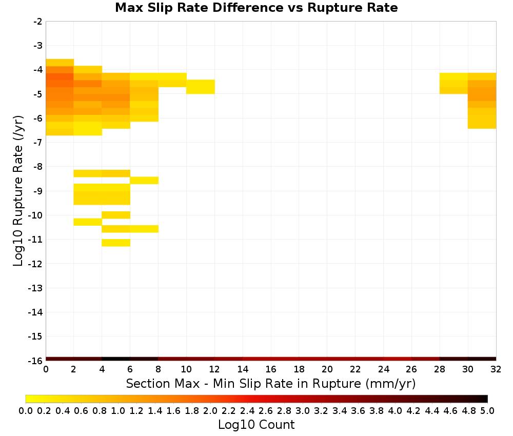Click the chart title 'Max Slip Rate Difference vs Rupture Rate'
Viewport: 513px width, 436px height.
[x=256, y=8]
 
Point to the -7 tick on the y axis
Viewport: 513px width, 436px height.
[x=38, y=142]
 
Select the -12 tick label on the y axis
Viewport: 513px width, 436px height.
[x=35, y=264]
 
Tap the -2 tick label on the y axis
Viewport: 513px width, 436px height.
[x=38, y=22]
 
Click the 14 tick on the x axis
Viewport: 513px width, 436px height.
[x=243, y=369]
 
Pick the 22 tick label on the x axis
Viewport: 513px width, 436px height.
[x=355, y=369]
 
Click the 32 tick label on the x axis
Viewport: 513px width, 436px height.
[x=496, y=369]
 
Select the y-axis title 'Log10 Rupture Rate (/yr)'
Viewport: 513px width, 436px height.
[x=18, y=191]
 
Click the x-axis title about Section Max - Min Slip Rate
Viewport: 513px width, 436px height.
[x=270, y=383]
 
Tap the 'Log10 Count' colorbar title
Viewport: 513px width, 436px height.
[x=256, y=425]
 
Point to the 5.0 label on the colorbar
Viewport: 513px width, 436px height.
[x=487, y=410]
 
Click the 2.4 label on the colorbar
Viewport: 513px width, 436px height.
[x=247, y=410]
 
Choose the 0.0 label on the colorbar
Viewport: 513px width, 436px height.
[x=26, y=410]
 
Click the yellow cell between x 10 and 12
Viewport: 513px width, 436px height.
[x=201, y=87]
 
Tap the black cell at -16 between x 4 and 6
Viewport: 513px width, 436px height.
[x=116, y=359]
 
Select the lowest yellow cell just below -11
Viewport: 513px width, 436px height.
[x=116, y=243]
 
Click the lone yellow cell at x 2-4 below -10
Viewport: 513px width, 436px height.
[x=88, y=222]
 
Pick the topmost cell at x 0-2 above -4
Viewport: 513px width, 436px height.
[x=60, y=63]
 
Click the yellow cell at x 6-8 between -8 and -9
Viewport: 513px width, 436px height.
[x=144, y=180]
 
